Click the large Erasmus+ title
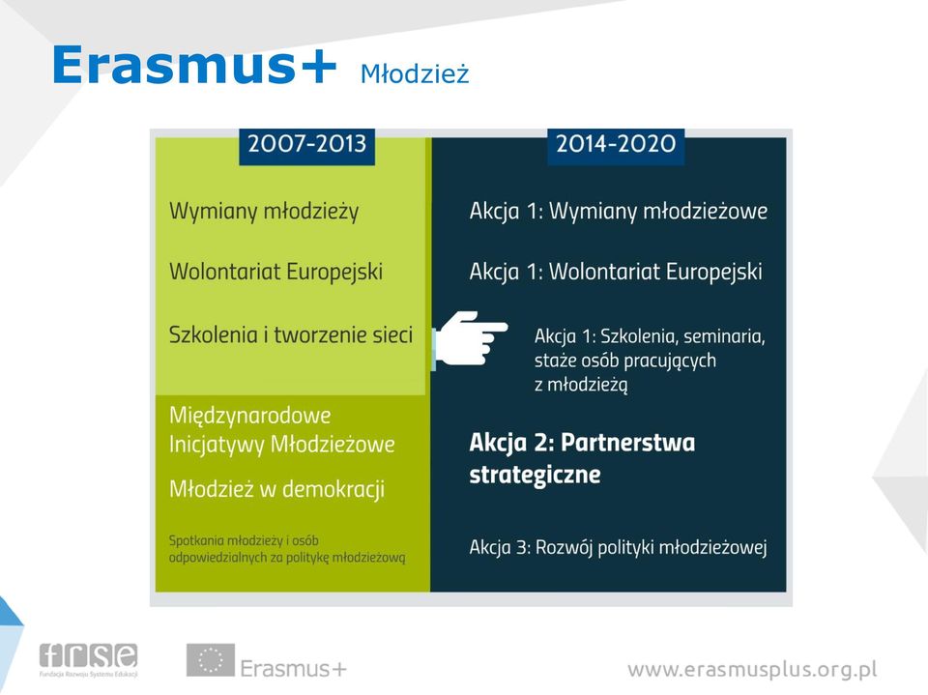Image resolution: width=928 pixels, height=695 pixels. click(x=194, y=65)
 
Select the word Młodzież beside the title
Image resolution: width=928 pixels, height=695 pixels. click(x=415, y=74)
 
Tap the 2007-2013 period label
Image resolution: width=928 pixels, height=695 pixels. click(x=306, y=144)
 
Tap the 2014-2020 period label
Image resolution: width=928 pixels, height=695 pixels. click(x=616, y=144)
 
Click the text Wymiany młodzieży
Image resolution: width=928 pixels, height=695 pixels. click(x=264, y=212)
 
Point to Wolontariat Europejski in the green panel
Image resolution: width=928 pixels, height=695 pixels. click(x=275, y=272)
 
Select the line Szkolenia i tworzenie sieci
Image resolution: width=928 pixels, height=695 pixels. click(x=291, y=334)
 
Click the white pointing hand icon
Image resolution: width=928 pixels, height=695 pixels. click(x=470, y=338)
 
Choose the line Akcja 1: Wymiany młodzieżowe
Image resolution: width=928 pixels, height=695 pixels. click(x=619, y=211)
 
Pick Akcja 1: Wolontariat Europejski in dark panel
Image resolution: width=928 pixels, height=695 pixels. click(x=616, y=272)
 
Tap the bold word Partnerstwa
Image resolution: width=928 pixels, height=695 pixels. click(x=628, y=443)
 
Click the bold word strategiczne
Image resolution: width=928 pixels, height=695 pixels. click(x=535, y=476)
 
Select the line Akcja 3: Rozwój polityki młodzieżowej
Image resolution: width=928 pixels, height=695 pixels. click(x=619, y=548)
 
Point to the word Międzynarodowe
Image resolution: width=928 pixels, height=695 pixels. click(x=249, y=416)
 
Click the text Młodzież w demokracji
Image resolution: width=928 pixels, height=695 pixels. click(x=277, y=489)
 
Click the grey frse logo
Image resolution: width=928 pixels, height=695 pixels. click(x=89, y=659)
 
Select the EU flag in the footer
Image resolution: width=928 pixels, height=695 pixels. click(x=211, y=660)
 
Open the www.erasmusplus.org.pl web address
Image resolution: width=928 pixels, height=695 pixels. click(x=752, y=670)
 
